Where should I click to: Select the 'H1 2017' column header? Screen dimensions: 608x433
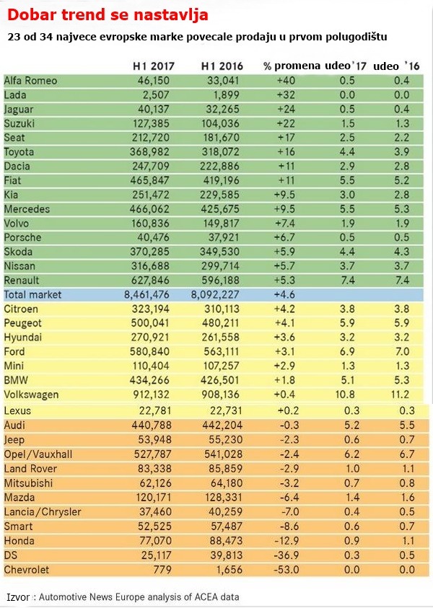[154, 66]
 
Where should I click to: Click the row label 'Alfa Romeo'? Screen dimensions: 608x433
[30, 81]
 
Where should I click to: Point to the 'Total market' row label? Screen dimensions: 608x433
[33, 294]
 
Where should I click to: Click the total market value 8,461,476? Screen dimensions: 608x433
[149, 294]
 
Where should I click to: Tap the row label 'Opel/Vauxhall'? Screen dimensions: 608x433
[38, 454]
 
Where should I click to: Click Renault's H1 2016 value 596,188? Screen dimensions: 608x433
[221, 280]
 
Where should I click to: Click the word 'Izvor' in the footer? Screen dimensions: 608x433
[18, 597]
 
